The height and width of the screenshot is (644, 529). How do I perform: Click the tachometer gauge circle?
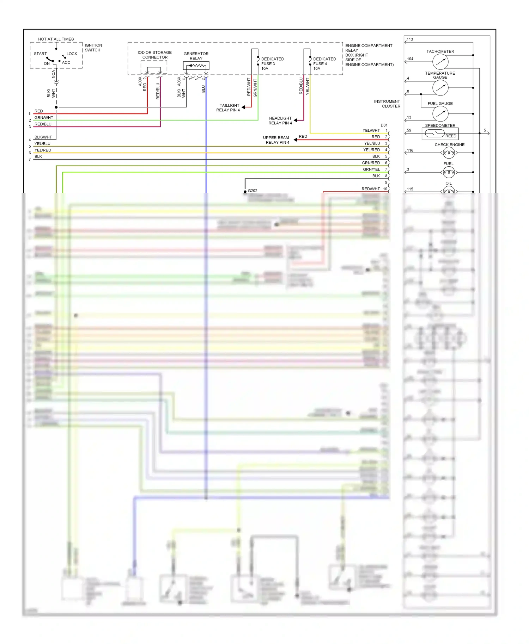[440, 62]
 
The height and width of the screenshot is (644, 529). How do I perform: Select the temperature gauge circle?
[440, 88]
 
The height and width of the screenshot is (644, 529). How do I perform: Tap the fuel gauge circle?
[440, 113]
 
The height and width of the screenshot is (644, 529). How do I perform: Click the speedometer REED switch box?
[440, 134]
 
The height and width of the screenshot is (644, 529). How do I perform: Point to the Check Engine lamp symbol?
[449, 153]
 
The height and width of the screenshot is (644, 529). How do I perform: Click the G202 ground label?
[253, 191]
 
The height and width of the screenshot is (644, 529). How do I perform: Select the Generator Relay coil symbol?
[196, 66]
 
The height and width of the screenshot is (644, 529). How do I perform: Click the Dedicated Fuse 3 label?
[272, 64]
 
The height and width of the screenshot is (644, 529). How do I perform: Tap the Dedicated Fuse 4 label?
[324, 64]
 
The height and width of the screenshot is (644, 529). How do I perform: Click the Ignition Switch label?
[93, 48]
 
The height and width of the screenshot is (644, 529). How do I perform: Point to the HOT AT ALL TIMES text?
[56, 39]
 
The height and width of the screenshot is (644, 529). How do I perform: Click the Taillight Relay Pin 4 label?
[228, 108]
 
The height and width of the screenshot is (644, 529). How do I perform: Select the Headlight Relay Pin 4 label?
[280, 120]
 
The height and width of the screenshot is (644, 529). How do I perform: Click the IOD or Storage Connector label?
[154, 55]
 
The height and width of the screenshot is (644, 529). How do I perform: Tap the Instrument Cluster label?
[387, 104]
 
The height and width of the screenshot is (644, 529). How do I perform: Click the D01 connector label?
[384, 125]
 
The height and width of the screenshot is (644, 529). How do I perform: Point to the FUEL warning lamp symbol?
[449, 172]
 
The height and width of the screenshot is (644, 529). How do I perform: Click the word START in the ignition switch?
[40, 54]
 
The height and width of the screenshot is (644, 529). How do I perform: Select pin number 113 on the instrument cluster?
[410, 39]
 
